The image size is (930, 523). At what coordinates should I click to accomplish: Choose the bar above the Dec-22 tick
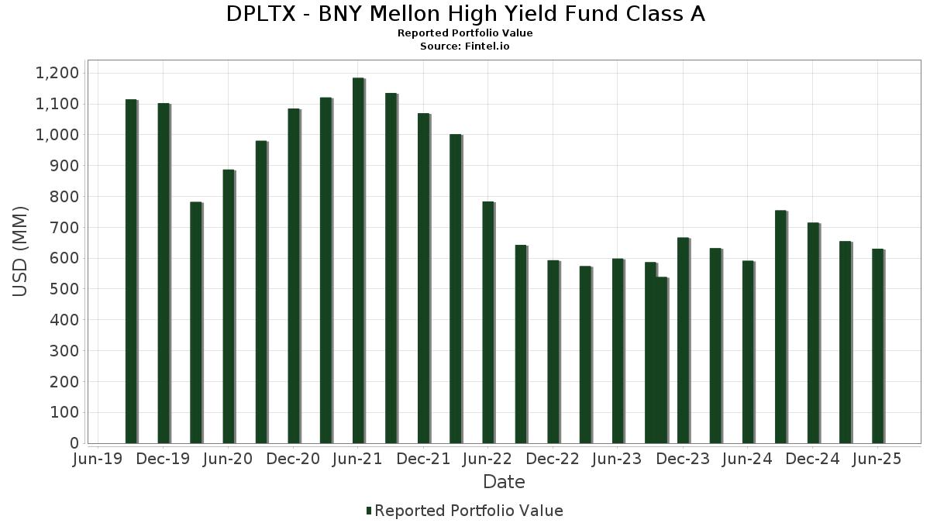553,352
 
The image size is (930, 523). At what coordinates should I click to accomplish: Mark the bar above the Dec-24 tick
813,333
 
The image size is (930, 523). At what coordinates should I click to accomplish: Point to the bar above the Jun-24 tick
748,353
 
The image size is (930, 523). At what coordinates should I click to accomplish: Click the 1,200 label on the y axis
57,73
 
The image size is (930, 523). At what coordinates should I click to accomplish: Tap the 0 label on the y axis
75,443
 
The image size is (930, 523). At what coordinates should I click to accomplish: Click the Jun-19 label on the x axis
98,459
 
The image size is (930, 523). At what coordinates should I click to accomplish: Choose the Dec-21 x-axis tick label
423,459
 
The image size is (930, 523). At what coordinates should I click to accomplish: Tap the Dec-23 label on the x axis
683,459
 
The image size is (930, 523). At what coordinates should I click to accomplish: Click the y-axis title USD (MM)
21,251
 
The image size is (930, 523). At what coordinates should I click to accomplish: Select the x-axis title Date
504,482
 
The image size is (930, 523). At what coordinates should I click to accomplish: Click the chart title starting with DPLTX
465,14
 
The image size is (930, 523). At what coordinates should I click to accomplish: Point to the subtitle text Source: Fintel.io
465,46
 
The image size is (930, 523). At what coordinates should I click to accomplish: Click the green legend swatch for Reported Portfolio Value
369,511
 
